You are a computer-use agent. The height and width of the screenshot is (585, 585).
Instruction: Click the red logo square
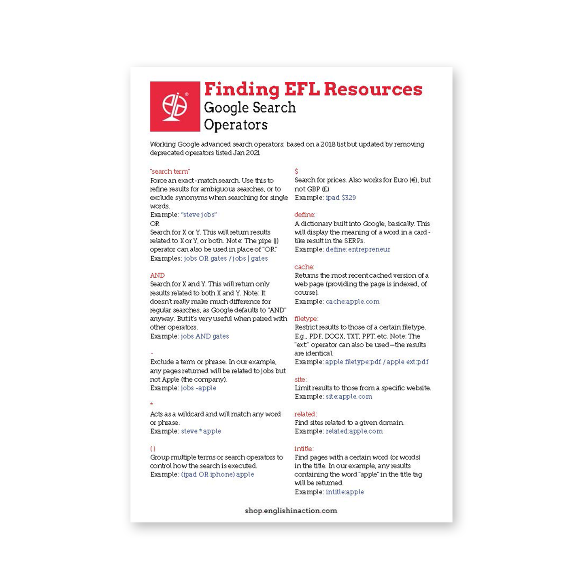click(x=175, y=106)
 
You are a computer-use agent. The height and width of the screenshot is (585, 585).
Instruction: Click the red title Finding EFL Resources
click(x=313, y=89)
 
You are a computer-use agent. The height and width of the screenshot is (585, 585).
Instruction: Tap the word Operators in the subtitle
click(x=236, y=125)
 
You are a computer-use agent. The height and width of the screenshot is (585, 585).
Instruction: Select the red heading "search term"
click(x=170, y=171)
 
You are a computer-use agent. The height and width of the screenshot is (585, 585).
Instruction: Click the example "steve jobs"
click(x=199, y=215)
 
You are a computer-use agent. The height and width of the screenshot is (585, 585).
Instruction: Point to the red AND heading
click(x=157, y=275)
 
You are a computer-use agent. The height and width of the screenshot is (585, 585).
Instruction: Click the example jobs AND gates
click(x=204, y=336)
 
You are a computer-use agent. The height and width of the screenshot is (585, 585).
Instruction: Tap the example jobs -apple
click(x=198, y=388)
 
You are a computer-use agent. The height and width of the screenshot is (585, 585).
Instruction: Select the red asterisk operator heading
click(x=152, y=404)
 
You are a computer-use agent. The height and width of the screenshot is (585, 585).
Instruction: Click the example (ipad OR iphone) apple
click(x=217, y=474)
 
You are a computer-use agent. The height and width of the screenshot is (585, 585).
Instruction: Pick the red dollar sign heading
click(x=296, y=171)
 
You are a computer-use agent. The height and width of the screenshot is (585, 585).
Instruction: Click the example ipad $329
click(x=340, y=198)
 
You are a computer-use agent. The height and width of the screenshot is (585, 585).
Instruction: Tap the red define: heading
click(x=304, y=215)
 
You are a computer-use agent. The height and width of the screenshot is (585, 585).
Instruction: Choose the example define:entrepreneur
click(x=358, y=249)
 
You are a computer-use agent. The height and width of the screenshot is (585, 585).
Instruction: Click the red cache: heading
click(x=304, y=267)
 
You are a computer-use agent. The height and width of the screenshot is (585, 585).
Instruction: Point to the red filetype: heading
click(x=306, y=319)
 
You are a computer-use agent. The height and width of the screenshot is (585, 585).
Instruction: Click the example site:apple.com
click(x=349, y=396)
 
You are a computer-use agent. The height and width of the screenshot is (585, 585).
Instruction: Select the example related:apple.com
click(x=354, y=431)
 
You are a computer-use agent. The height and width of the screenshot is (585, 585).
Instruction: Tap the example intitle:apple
click(x=345, y=492)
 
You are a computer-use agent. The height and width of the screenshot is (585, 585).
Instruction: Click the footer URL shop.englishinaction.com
click(x=291, y=511)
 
